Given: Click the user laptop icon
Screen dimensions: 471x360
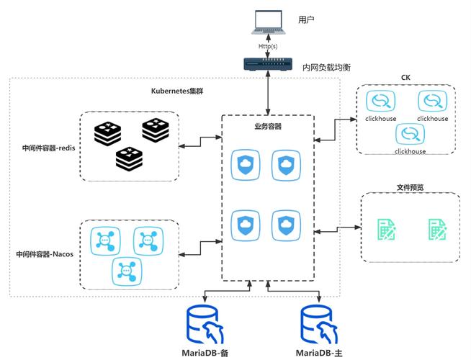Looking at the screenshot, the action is coord(268,22).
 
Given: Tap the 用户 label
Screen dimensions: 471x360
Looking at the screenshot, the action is coord(306,20).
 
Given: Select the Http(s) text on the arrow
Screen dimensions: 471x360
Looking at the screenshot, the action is coord(268,46).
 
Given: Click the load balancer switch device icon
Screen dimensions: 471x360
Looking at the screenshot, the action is coord(268,64).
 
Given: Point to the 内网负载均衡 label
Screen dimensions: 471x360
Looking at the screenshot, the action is coord(326,67).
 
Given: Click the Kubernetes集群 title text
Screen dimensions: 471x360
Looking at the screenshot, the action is coord(177,91).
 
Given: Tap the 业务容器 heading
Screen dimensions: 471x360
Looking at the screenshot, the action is coord(268,127).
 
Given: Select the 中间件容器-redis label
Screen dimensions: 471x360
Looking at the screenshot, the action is coord(49,148).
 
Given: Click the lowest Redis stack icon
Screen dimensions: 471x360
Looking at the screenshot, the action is coord(129,159).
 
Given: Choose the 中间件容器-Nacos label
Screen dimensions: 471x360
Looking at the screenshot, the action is coord(45,254).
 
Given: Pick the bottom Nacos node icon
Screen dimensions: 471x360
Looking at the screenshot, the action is coord(127,271).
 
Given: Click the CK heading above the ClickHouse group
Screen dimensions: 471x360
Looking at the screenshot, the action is coord(405,78).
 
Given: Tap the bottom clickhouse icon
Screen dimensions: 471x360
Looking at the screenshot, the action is coord(410,134).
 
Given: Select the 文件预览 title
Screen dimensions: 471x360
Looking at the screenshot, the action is coord(411,188).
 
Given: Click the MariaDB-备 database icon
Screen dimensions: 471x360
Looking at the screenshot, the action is coord(205,325).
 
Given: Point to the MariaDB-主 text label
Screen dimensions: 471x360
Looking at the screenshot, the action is coord(319,353).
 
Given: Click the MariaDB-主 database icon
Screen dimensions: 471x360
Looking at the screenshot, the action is coord(320,325).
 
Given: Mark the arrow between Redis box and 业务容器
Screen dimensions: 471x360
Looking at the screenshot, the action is coord(201,142).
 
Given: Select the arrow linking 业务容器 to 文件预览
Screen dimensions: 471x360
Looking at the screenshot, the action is coord(338,230).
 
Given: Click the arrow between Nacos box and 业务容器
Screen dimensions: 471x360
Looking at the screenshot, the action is coord(201,248).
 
